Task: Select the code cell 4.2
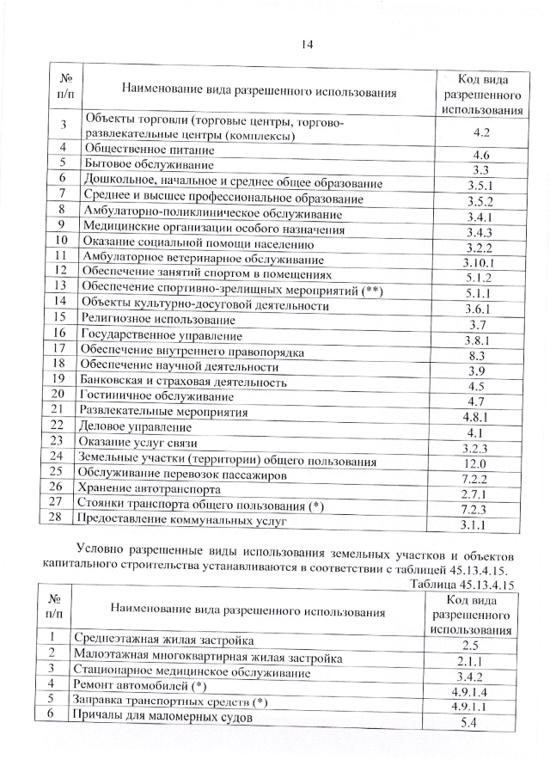point(481,132)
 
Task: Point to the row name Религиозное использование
point(143,317)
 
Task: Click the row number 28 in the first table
point(58,518)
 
